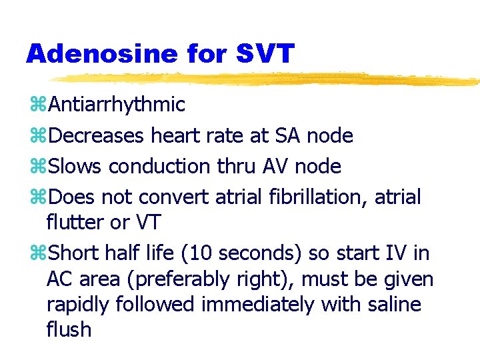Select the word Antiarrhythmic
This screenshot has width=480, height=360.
click(x=117, y=105)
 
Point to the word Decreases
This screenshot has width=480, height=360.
click(x=96, y=136)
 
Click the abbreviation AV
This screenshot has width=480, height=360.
click(x=280, y=167)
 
